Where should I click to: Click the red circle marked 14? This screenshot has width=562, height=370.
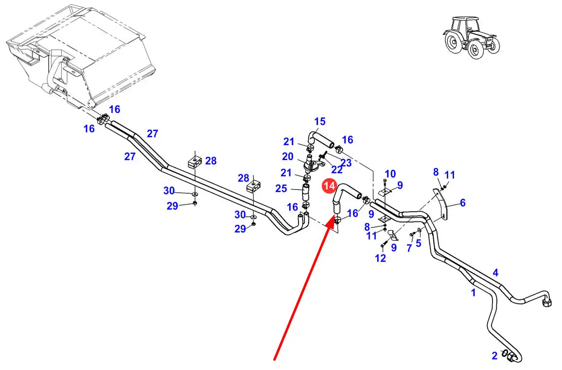[x=329, y=185]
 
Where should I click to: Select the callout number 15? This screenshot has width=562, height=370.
[x=319, y=121]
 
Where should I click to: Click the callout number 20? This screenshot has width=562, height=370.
[x=288, y=156]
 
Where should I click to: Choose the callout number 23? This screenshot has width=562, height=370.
[x=346, y=163]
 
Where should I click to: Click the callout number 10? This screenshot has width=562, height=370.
[x=390, y=174]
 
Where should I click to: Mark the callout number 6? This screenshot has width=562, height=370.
[x=462, y=203]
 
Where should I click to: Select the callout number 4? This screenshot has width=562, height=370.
[x=495, y=273]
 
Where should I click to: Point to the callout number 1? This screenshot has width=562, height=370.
[x=473, y=293]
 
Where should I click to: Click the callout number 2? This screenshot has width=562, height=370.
[x=494, y=356]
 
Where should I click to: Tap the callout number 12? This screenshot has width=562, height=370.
[x=380, y=258]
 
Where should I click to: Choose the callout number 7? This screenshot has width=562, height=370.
[x=409, y=248]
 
